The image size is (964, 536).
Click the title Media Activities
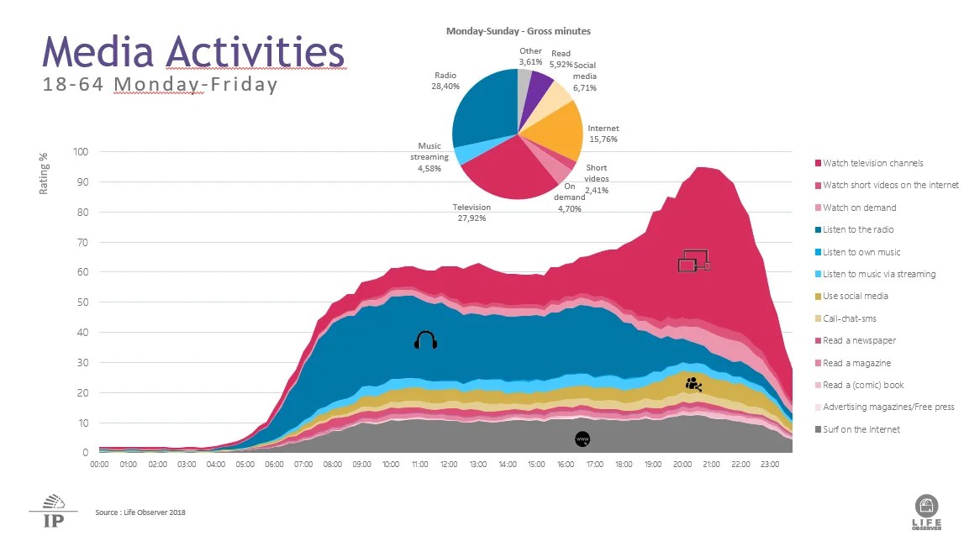[193, 51]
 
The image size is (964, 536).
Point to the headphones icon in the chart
[426, 340]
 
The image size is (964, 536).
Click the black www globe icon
[582, 439]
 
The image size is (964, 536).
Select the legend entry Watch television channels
[872, 163]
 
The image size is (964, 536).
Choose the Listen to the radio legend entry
[858, 229]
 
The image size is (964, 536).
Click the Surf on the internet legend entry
[861, 429]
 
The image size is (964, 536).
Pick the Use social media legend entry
[856, 296]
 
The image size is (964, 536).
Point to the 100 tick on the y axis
[81, 152]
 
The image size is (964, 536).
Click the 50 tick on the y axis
[83, 302]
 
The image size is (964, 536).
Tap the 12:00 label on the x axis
[449, 464]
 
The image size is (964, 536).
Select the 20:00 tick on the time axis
[682, 464]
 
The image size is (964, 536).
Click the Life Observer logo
[928, 512]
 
